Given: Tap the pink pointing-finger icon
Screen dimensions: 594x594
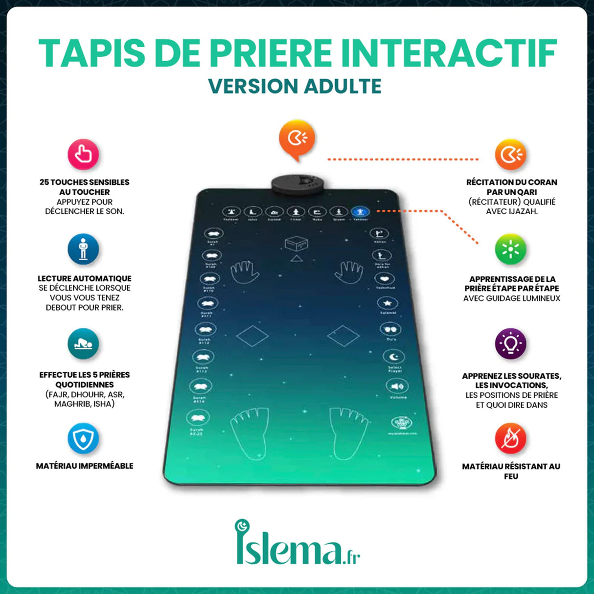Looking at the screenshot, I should [x=83, y=155].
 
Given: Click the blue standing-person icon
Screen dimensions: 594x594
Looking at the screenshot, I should [x=83, y=249].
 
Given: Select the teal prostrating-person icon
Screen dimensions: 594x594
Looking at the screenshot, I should [x=83, y=344].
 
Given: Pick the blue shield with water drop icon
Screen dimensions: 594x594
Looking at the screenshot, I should [x=83, y=438].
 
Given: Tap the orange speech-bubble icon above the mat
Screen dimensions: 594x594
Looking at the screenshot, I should [x=297, y=139].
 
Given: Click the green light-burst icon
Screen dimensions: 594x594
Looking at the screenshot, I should [x=510, y=249].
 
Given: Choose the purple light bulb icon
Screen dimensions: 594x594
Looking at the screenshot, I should [x=510, y=343].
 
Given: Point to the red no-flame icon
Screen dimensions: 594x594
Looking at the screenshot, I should [x=510, y=438].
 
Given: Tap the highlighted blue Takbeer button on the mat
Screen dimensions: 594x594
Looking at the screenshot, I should [x=360, y=212].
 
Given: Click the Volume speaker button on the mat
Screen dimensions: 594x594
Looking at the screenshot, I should [x=396, y=386].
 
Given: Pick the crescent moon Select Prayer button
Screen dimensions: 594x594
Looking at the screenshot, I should [x=393, y=357].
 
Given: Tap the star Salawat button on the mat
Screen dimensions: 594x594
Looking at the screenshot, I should [x=387, y=303].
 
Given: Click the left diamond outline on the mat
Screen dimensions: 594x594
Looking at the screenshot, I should [x=252, y=336].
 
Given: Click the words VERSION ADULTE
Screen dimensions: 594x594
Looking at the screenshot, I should [x=295, y=87].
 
